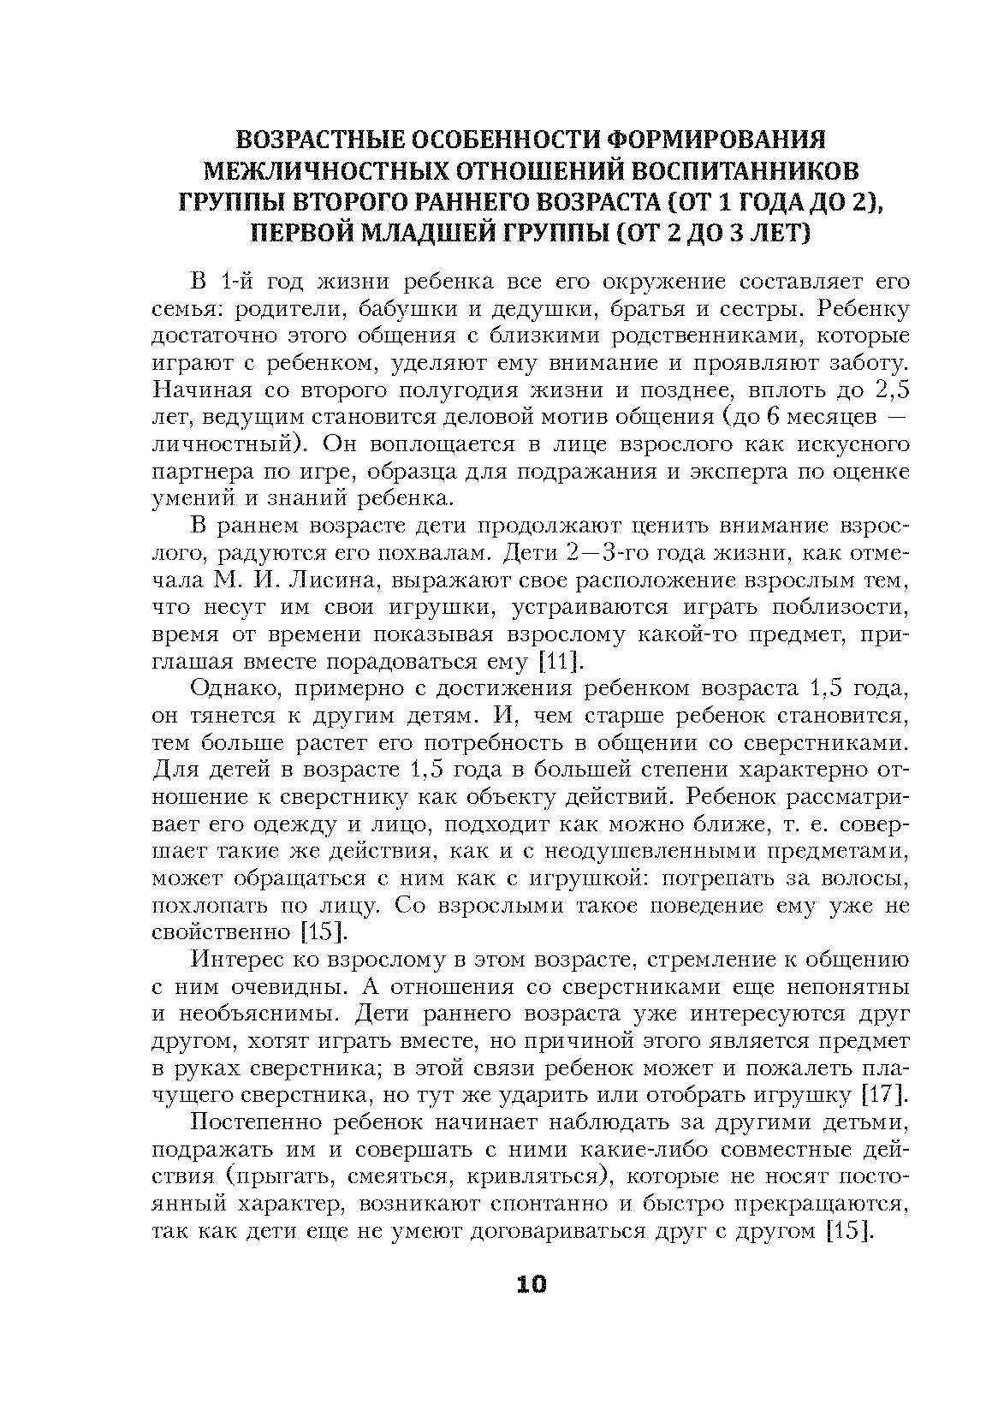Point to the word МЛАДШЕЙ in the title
(459, 232)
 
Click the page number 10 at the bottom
(531, 1284)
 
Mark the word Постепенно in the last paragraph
(249, 1122)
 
